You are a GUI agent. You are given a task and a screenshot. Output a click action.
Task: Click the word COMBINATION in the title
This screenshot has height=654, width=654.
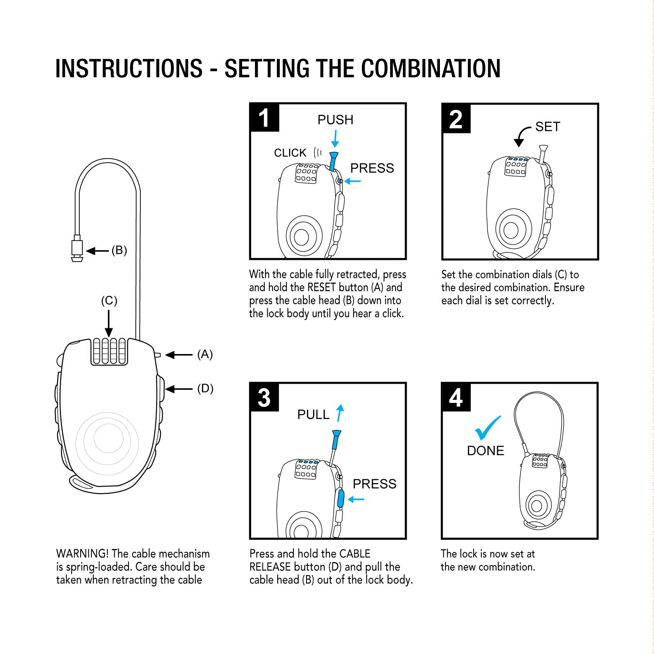pyautogui.click(x=431, y=69)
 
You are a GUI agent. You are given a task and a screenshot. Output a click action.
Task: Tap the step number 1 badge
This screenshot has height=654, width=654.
pyautogui.click(x=264, y=118)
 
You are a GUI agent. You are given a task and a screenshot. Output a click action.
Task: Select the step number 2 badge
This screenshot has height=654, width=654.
pyautogui.click(x=456, y=119)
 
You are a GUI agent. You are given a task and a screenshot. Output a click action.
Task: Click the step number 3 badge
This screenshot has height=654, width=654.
pyautogui.click(x=264, y=398)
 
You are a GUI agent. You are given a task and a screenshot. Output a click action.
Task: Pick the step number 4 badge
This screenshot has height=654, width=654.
pyautogui.click(x=456, y=398)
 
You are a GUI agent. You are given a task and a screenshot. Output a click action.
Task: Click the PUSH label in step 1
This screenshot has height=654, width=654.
pyautogui.click(x=335, y=120)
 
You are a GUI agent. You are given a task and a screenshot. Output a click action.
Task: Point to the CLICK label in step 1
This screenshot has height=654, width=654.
pyautogui.click(x=290, y=153)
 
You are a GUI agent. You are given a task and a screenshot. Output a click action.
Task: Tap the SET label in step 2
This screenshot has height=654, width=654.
pyautogui.click(x=548, y=127)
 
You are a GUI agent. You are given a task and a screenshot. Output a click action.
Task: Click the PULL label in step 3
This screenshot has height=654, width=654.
pyautogui.click(x=313, y=415)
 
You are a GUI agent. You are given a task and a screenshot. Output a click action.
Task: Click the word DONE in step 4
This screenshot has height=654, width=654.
pyautogui.click(x=485, y=451)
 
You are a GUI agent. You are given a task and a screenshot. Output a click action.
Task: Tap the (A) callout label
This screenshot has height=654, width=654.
pyautogui.click(x=205, y=354)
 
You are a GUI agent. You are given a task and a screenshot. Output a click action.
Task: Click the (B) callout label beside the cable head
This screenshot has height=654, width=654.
pyautogui.click(x=119, y=250)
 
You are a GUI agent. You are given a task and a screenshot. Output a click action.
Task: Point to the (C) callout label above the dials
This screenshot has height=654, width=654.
pyautogui.click(x=109, y=301)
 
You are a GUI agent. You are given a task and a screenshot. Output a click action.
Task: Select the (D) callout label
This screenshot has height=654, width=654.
pyautogui.click(x=205, y=388)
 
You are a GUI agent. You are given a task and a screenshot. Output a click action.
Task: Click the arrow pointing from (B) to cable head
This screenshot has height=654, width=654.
pyautogui.click(x=97, y=251)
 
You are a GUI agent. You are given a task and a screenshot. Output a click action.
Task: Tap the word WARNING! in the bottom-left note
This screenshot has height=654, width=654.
pyautogui.click(x=82, y=554)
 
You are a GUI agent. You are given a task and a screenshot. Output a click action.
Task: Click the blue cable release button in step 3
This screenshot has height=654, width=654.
pyautogui.click(x=341, y=498)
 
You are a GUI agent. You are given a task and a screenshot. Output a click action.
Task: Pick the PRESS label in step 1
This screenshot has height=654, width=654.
pyautogui.click(x=372, y=168)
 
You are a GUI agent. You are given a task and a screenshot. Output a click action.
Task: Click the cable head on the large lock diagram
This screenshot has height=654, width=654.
pyautogui.click(x=77, y=249)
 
